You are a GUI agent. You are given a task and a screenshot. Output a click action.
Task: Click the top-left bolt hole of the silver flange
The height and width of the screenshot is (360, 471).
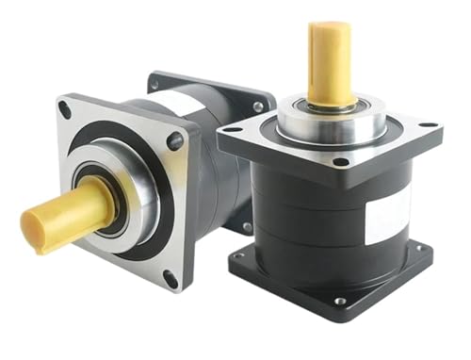66,110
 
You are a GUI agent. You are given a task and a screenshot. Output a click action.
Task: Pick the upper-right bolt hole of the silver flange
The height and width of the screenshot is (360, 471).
175,141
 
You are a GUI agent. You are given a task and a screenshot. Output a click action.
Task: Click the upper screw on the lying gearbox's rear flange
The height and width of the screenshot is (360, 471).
257,106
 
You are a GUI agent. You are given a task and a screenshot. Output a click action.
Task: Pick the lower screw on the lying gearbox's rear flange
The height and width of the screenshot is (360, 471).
247,227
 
